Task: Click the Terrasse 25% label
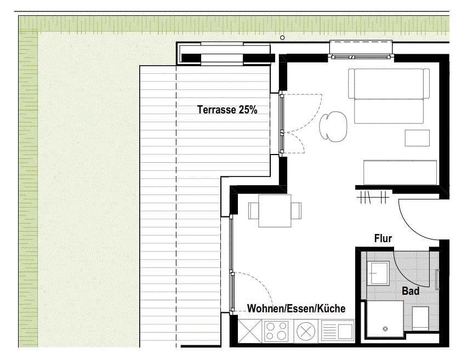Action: point(227,110)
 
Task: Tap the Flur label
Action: point(383,238)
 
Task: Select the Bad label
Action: point(411,291)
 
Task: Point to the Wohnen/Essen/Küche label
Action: point(297,308)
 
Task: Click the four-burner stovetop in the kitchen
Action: point(277,331)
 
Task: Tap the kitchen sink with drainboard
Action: point(338,331)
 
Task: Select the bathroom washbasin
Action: point(378,273)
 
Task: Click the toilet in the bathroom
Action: point(420,318)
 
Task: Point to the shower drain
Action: point(385,329)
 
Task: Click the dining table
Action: point(275,211)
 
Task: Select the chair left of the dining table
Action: point(253,210)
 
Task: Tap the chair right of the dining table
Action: point(296,210)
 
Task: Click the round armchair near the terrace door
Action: point(333,126)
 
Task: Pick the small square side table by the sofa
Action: point(417,138)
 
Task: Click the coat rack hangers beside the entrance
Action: point(373,197)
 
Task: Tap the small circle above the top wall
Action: point(282,38)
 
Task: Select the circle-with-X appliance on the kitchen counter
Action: point(306,331)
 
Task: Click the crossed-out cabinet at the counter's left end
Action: point(250,331)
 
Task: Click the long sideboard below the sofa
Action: point(400,172)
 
